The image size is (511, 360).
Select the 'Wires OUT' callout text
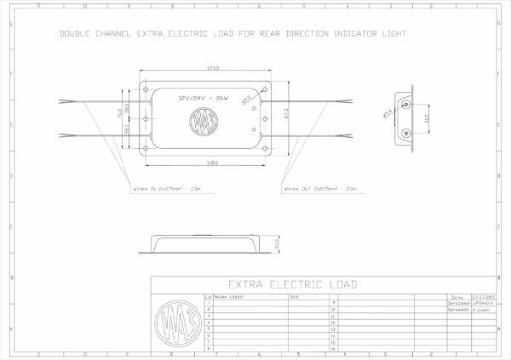[313, 189]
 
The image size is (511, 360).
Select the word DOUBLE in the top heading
[75, 35]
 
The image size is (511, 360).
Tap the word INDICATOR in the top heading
[352, 35]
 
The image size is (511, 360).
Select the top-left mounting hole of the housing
[148, 89]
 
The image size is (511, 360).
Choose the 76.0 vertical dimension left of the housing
[118, 114]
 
